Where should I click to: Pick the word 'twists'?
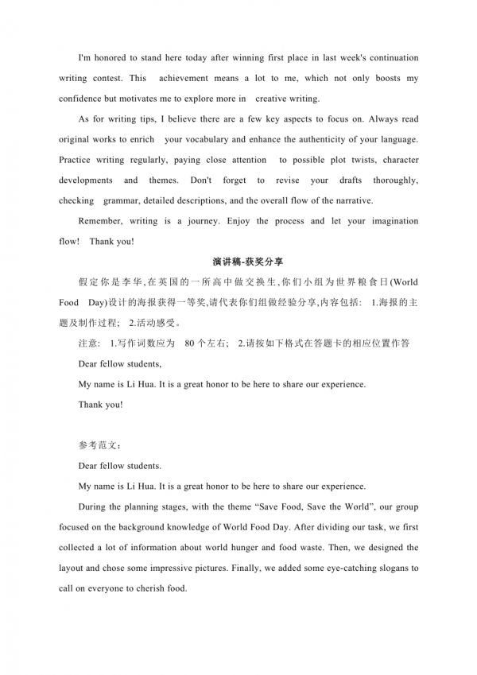point(349,160)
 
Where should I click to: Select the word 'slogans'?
point(382,568)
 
